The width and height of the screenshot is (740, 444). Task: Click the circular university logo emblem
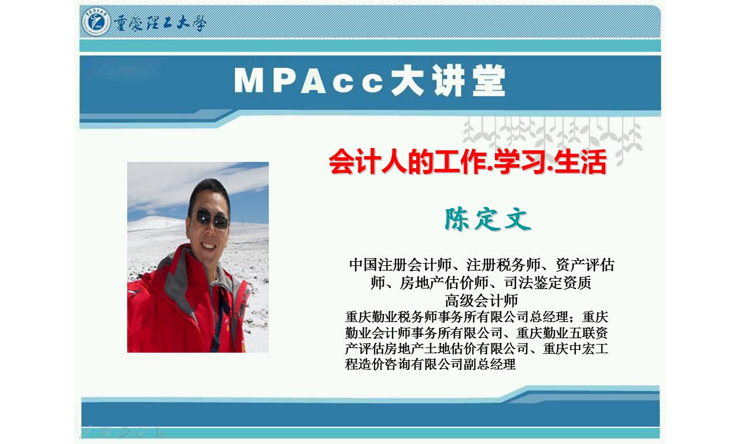[x=96, y=22]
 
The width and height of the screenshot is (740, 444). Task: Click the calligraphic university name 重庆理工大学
[x=160, y=23]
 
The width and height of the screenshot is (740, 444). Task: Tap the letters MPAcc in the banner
[x=309, y=81]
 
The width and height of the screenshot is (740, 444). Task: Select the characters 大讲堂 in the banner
[x=448, y=80]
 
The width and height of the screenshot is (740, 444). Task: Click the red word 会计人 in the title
[x=368, y=161]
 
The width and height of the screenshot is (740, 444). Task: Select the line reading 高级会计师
[x=481, y=300]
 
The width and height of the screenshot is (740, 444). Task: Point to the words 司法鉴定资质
[x=547, y=283]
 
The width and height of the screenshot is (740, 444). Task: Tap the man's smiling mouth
[x=209, y=246]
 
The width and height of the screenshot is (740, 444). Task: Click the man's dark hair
[x=209, y=194]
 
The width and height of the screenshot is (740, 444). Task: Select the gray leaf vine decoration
[x=552, y=139]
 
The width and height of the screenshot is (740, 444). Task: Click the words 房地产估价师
[x=444, y=283]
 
